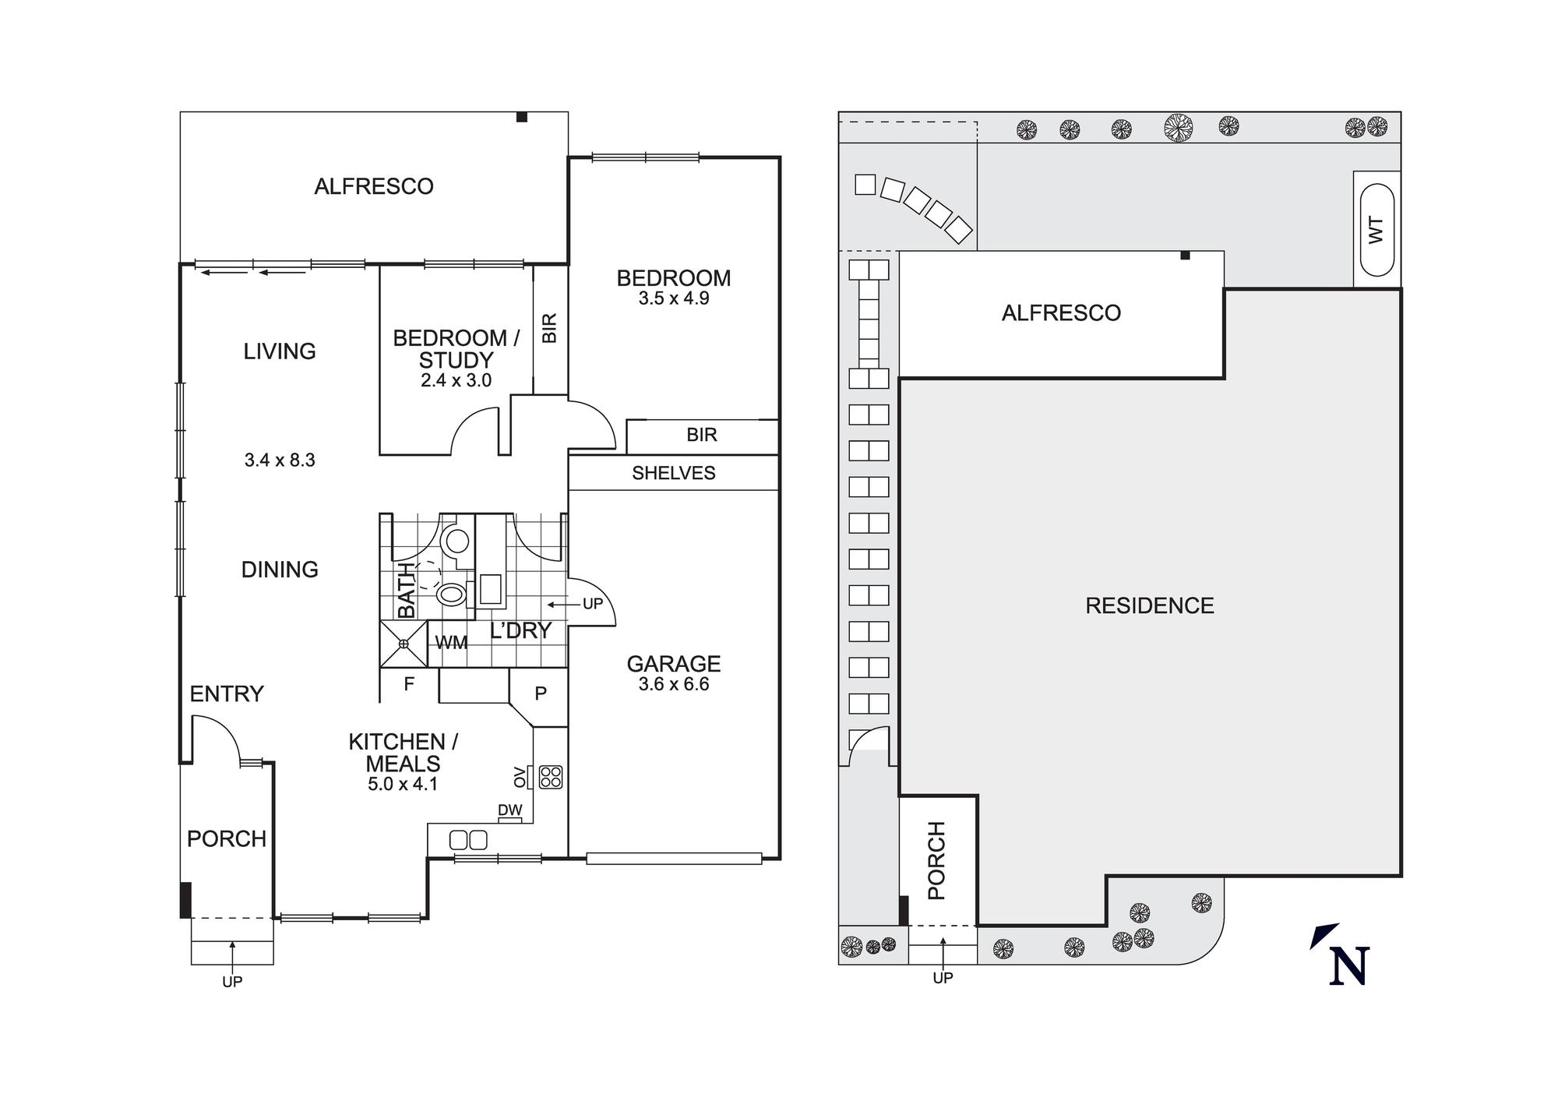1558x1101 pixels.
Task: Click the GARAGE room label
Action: coord(674,664)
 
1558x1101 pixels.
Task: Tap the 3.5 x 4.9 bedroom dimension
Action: coord(674,298)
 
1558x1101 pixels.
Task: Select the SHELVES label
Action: coord(674,473)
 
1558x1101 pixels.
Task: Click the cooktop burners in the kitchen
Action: coord(551,777)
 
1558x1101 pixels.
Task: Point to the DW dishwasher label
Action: coord(510,810)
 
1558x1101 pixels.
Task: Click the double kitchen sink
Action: coord(468,840)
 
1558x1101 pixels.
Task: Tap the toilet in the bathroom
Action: coord(452,595)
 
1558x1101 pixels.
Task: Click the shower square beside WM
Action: coord(404,644)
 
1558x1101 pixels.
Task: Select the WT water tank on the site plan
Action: coord(1376,230)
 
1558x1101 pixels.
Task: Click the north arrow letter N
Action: coord(1349,967)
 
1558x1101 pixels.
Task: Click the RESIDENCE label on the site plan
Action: coord(1150,605)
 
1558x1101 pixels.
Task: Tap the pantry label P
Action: coord(541,693)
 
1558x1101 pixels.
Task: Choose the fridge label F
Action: coord(409,684)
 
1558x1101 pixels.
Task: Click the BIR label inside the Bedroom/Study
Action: coord(550,328)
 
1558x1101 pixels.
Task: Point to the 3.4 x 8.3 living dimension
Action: coord(280,461)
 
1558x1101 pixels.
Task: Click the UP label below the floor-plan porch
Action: coord(232,982)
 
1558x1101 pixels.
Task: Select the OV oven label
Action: coord(520,776)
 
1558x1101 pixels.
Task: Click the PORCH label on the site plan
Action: coord(936,860)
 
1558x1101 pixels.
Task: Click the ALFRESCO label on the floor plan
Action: coord(374,186)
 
